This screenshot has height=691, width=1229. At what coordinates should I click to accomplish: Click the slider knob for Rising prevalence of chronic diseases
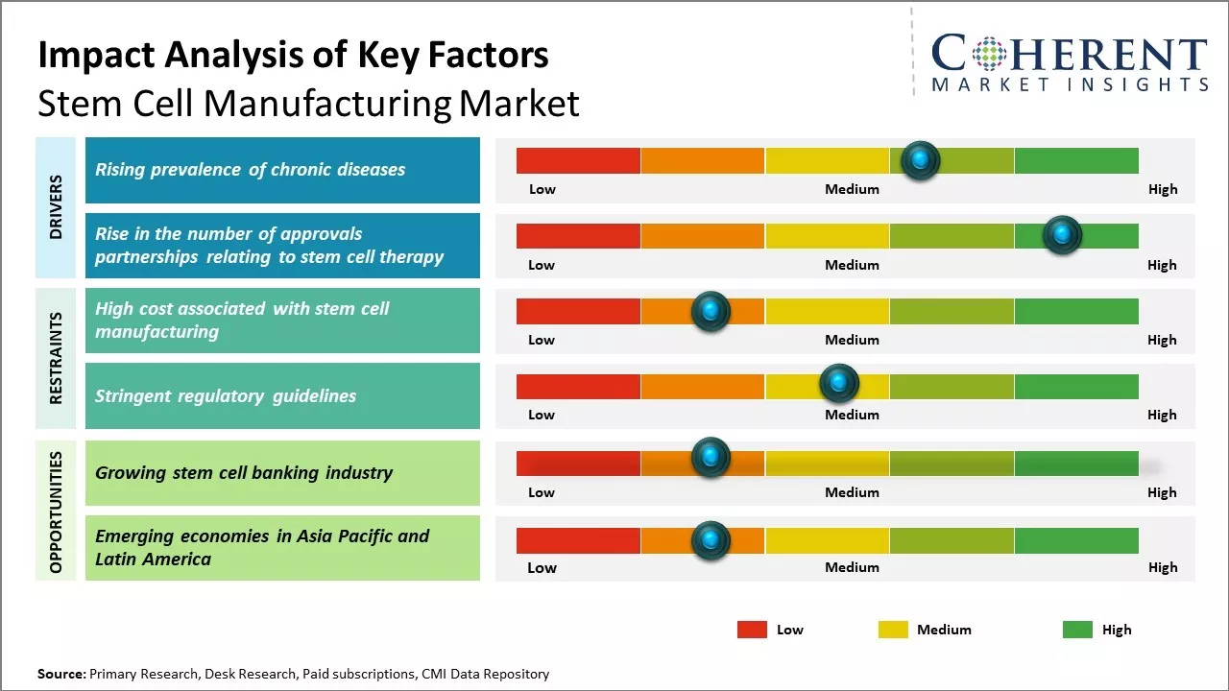pyautogui.click(x=920, y=160)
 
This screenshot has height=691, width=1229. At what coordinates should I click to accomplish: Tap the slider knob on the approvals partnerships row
pyautogui.click(x=1062, y=235)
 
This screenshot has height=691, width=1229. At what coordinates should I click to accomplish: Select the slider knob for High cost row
pyautogui.click(x=711, y=311)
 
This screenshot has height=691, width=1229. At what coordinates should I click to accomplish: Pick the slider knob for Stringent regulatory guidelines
pyautogui.click(x=839, y=384)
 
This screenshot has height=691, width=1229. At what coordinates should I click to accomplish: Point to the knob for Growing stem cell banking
pyautogui.click(x=711, y=458)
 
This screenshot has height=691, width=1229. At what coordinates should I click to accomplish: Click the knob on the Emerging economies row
pyautogui.click(x=711, y=541)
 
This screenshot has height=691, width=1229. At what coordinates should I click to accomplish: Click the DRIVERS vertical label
pyautogui.click(x=56, y=206)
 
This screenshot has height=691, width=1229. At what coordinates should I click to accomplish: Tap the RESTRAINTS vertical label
pyautogui.click(x=56, y=358)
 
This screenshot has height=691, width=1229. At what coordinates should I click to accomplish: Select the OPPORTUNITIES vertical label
pyautogui.click(x=56, y=512)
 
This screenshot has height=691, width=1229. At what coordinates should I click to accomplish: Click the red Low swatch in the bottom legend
pyautogui.click(x=752, y=630)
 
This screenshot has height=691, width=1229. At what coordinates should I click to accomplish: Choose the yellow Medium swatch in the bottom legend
pyautogui.click(x=893, y=630)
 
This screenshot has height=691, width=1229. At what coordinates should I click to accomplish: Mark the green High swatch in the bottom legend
pyautogui.click(x=1077, y=630)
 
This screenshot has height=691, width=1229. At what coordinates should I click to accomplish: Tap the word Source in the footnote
pyautogui.click(x=60, y=675)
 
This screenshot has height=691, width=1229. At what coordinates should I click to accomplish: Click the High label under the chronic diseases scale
pyautogui.click(x=1163, y=189)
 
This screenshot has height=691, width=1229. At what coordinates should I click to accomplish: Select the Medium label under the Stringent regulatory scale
pyautogui.click(x=852, y=415)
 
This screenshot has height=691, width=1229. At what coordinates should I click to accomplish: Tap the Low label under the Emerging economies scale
pyautogui.click(x=542, y=567)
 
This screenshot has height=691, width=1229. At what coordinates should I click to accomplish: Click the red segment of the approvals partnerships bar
pyautogui.click(x=578, y=236)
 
